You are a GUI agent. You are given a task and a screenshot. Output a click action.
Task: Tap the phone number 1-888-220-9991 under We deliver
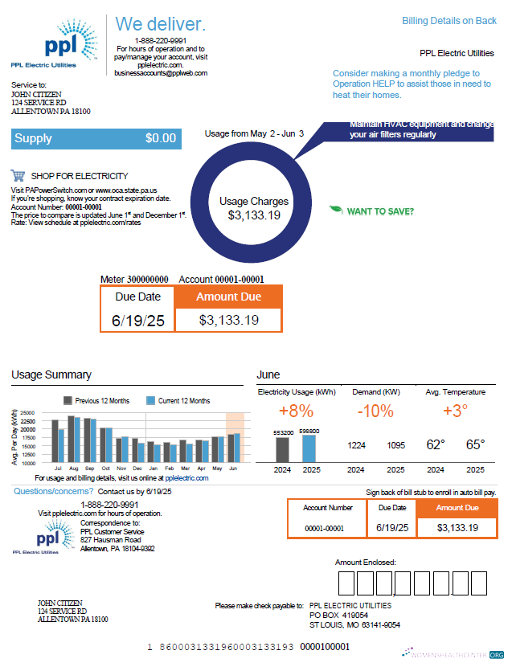click(x=161, y=40)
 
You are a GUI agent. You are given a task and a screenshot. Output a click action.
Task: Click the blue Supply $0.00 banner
click(x=95, y=138)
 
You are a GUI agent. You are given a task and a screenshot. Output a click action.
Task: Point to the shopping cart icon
click(x=18, y=176)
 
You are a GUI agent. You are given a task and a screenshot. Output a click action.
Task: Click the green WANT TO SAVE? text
click(x=380, y=211)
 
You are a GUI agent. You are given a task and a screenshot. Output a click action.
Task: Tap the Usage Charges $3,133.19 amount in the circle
click(x=254, y=215)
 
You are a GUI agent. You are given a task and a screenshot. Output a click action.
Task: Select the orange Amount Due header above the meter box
click(x=228, y=297)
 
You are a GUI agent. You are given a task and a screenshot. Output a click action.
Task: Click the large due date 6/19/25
click(x=138, y=320)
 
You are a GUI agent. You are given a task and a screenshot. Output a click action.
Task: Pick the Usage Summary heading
click(x=51, y=374)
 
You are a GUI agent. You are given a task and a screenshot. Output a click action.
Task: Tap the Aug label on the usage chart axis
click(x=72, y=468)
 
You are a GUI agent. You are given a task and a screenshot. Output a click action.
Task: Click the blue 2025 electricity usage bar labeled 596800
click(x=309, y=447)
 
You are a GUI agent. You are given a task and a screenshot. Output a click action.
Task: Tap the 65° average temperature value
click(x=476, y=444)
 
